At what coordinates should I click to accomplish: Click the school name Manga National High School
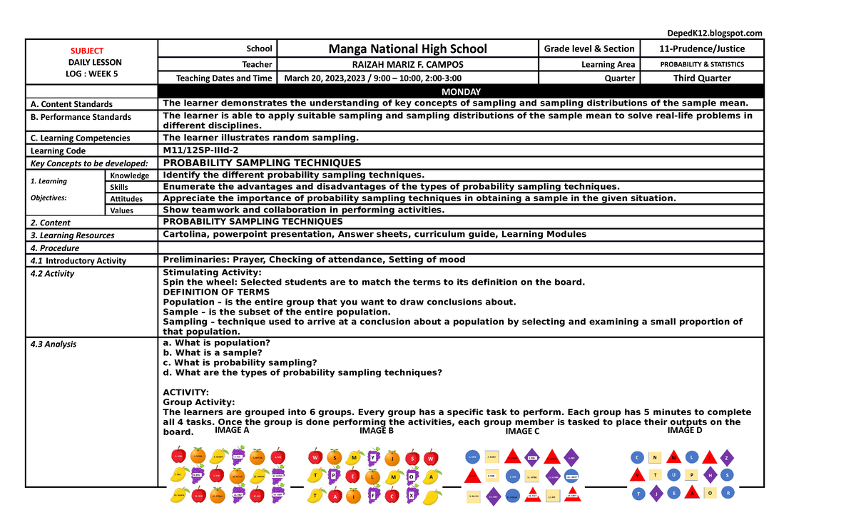pos(407,49)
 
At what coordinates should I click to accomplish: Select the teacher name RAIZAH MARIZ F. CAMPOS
pos(407,64)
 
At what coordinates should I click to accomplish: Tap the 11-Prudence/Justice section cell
pos(702,49)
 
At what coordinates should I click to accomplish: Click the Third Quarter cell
pos(702,78)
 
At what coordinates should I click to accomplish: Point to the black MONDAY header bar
pos(461,91)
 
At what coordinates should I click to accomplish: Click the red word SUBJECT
pos(86,51)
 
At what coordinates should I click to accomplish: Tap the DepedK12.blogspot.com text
pos(714,33)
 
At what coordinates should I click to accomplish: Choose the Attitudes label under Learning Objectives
pos(126,199)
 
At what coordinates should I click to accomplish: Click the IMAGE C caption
pos(522,432)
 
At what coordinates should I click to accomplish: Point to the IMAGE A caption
pos(232,430)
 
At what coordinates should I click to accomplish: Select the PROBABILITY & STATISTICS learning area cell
pos(702,64)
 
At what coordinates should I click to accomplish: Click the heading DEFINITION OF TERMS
pos(216,292)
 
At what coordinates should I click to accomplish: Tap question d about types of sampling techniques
pos(302,372)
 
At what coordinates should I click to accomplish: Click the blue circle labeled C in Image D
pos(637,457)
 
